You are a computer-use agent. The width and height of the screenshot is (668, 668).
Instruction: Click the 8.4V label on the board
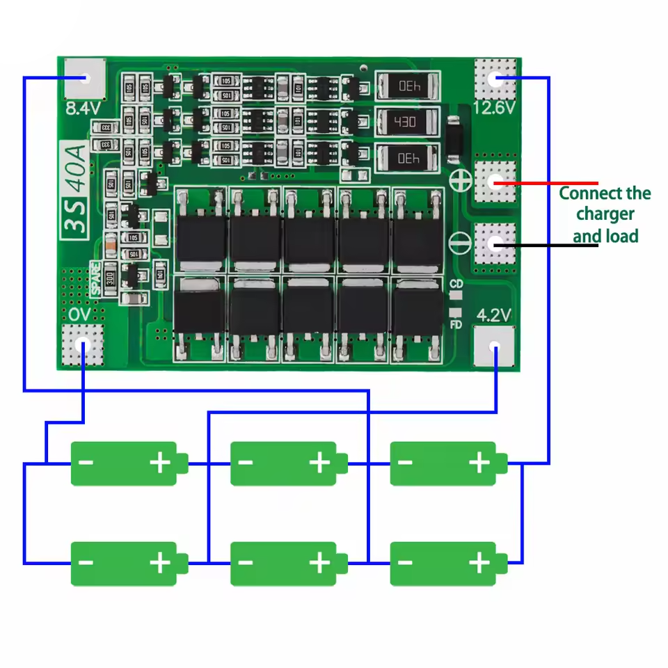[x=83, y=109]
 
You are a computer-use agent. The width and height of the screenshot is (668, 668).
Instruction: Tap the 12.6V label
[x=493, y=108]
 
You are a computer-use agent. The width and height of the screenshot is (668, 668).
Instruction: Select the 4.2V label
[x=493, y=315]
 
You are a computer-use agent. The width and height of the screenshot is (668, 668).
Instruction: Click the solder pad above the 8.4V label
[x=84, y=78]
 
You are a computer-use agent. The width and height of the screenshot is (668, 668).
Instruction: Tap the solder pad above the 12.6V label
[x=495, y=78]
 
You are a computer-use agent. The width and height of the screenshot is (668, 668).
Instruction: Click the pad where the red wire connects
[x=495, y=182]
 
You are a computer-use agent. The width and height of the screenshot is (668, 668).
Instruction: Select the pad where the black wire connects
[x=495, y=244]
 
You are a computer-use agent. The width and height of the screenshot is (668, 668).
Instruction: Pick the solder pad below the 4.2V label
[x=495, y=346]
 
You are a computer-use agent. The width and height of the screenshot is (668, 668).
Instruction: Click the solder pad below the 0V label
[x=83, y=345]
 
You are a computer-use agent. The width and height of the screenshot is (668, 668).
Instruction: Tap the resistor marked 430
[x=407, y=122]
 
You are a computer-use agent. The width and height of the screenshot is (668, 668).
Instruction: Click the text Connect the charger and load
[x=605, y=214]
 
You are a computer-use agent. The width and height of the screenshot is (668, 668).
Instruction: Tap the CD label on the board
[x=456, y=284]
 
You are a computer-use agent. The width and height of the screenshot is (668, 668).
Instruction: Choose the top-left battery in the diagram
[x=129, y=463]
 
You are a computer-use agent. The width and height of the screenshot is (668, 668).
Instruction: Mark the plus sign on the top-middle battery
[x=319, y=462]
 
